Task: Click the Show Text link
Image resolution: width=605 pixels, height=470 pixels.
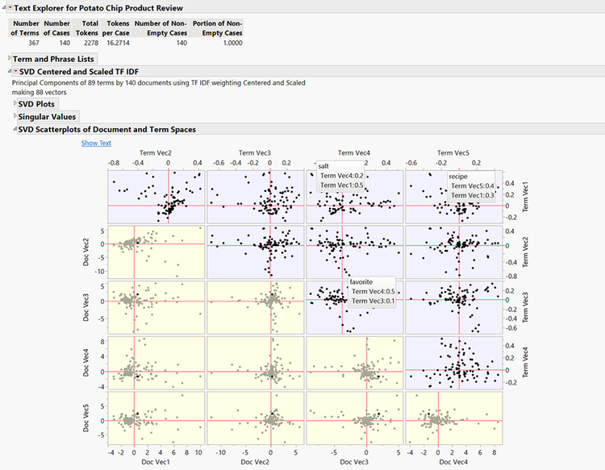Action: click(96, 143)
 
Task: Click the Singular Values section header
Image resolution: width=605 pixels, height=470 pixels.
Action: click(48, 117)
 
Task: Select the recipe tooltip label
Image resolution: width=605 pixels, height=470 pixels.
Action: click(458, 176)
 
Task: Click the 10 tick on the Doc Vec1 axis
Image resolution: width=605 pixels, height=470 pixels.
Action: click(199, 453)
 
